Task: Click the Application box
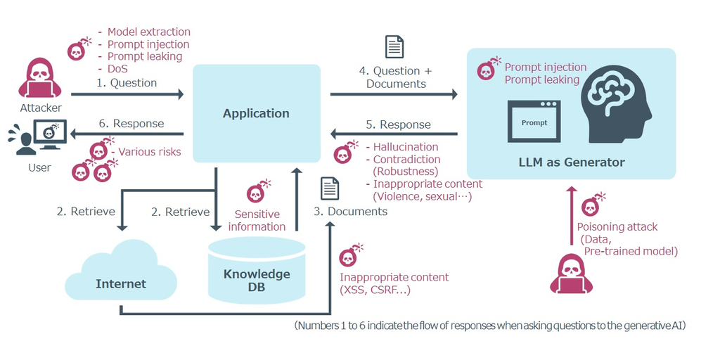tap(256, 113)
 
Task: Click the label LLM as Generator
tap(570, 162)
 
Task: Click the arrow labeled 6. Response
tap(127, 134)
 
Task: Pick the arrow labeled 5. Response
tap(394, 134)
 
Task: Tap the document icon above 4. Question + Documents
tap(394, 47)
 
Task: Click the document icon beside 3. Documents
tap(329, 188)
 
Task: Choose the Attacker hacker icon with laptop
tap(40, 79)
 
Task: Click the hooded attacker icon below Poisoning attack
tap(571, 274)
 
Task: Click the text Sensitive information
tap(257, 220)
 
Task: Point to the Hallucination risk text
tap(406, 147)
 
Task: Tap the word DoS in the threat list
tap(117, 69)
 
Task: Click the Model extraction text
tap(148, 32)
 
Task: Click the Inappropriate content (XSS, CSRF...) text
tap(394, 283)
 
